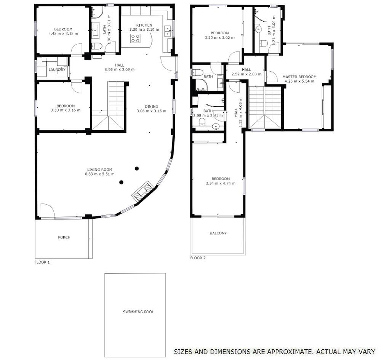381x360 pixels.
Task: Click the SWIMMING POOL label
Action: pyautogui.click(x=138, y=312)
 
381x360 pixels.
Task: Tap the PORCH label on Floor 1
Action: pyautogui.click(x=64, y=237)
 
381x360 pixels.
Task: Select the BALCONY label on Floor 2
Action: pyautogui.click(x=218, y=233)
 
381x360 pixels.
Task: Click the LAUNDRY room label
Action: pyautogui.click(x=57, y=70)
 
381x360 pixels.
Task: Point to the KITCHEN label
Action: pyautogui.click(x=144, y=25)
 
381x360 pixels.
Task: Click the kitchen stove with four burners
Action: pyautogui.click(x=135, y=38)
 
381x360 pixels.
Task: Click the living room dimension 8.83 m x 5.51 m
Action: pyautogui.click(x=100, y=174)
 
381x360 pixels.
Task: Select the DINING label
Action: pyautogui.click(x=151, y=106)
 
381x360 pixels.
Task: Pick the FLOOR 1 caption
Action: pyautogui.click(x=42, y=262)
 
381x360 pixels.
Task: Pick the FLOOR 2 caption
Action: pyautogui.click(x=198, y=258)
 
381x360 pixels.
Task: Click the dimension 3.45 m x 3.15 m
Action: pyautogui.click(x=63, y=34)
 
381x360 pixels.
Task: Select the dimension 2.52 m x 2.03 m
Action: pyautogui.click(x=247, y=74)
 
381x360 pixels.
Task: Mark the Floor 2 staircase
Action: pyautogui.click(x=264, y=107)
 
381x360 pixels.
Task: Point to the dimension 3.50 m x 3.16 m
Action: pyautogui.click(x=63, y=110)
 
